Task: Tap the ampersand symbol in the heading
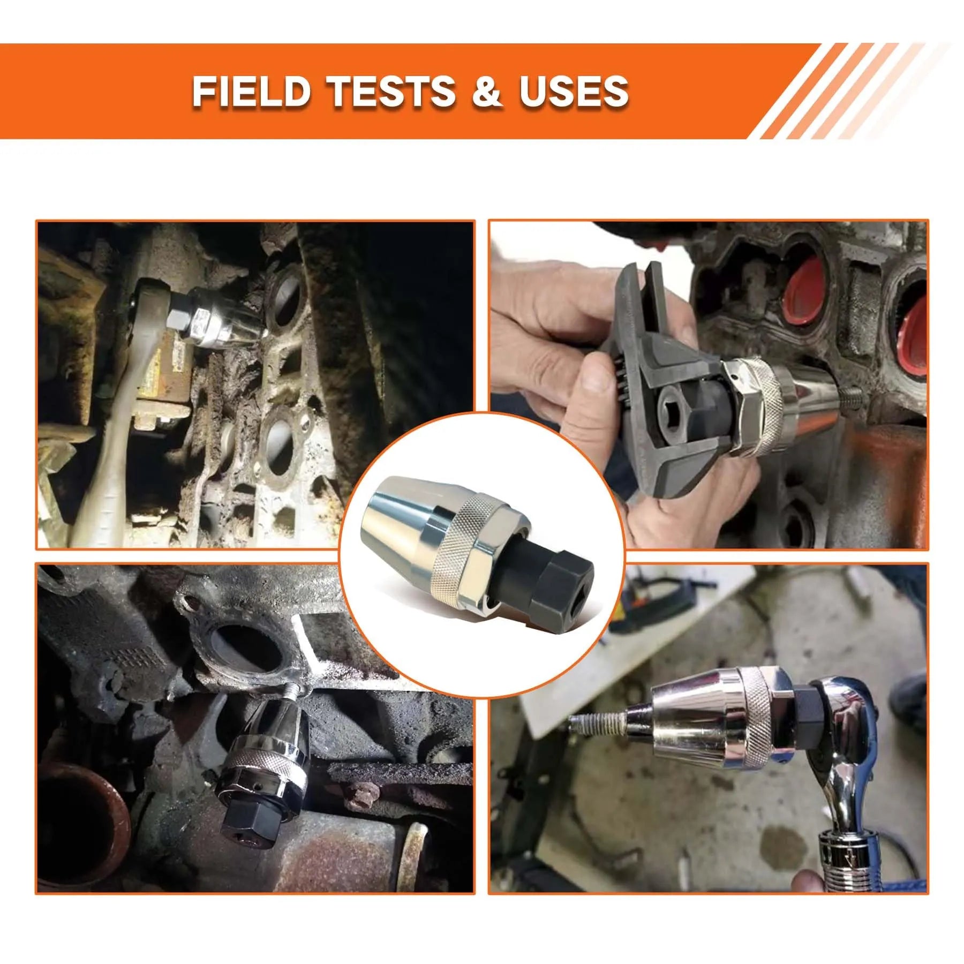pyautogui.click(x=487, y=91)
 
